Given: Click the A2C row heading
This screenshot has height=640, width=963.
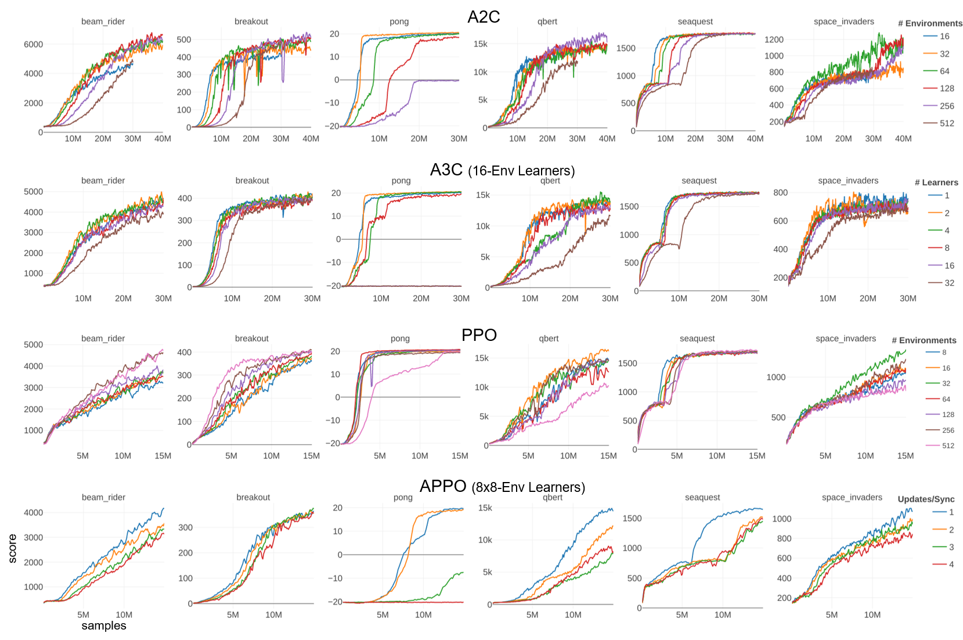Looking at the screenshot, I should click(483, 17).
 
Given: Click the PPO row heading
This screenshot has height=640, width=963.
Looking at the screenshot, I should click(479, 335).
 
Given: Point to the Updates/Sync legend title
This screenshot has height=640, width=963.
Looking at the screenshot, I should click(926, 499).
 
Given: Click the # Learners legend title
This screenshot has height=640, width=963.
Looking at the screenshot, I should click(936, 182).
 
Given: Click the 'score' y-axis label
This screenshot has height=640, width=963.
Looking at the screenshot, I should click(12, 548).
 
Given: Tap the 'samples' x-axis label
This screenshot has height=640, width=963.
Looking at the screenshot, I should click(104, 625).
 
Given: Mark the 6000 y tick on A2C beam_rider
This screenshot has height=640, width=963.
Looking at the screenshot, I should click(33, 44).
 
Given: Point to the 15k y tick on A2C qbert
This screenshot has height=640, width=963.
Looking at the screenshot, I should click(480, 44).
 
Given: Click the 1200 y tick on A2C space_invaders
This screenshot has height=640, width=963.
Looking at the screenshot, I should click(774, 39).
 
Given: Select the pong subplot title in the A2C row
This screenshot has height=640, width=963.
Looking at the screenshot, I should click(399, 21).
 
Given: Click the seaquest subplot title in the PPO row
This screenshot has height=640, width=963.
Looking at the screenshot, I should click(697, 339).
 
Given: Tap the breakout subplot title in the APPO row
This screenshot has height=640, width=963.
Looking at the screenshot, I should click(253, 497).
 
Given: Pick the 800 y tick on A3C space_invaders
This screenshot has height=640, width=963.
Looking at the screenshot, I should click(780, 192).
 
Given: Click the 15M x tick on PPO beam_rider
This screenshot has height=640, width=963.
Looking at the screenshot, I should click(163, 456).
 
